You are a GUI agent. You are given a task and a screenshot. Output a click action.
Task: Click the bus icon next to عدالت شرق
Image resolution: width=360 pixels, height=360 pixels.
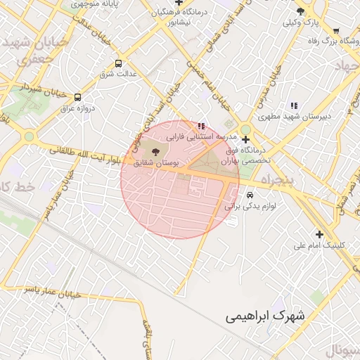point(118,63)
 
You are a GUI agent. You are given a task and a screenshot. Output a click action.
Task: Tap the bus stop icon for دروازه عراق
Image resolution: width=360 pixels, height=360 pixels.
point(77,97)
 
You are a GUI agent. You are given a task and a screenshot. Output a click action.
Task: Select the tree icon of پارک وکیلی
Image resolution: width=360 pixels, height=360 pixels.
point(301,12)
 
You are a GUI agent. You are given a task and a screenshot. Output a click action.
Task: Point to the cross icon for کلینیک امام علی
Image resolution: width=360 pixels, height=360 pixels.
point(320,234)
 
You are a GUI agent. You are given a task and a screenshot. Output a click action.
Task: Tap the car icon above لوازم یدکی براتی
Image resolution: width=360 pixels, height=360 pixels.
point(250,195)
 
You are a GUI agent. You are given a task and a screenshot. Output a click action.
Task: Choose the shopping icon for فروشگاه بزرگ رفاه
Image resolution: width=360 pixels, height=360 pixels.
point(336,31)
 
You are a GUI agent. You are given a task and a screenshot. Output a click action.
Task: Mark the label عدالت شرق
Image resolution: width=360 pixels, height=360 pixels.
point(118,73)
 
